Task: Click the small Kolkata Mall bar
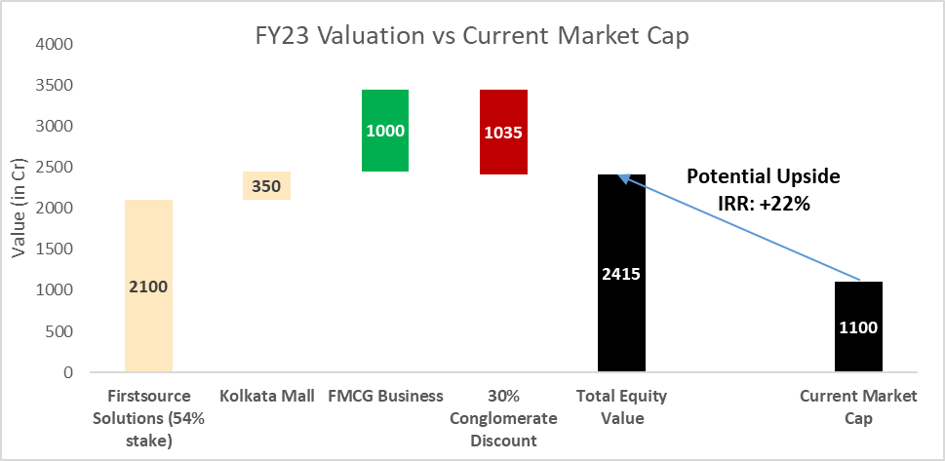pyautogui.click(x=266, y=185)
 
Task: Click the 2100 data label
pyautogui.click(x=148, y=287)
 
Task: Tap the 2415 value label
pyautogui.click(x=621, y=274)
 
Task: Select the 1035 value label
pyautogui.click(x=503, y=132)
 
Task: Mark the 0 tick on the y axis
pyautogui.click(x=66, y=372)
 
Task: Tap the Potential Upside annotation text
pyautogui.click(x=764, y=177)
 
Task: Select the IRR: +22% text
pyautogui.click(x=764, y=203)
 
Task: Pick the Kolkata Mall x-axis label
pyautogui.click(x=266, y=396)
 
